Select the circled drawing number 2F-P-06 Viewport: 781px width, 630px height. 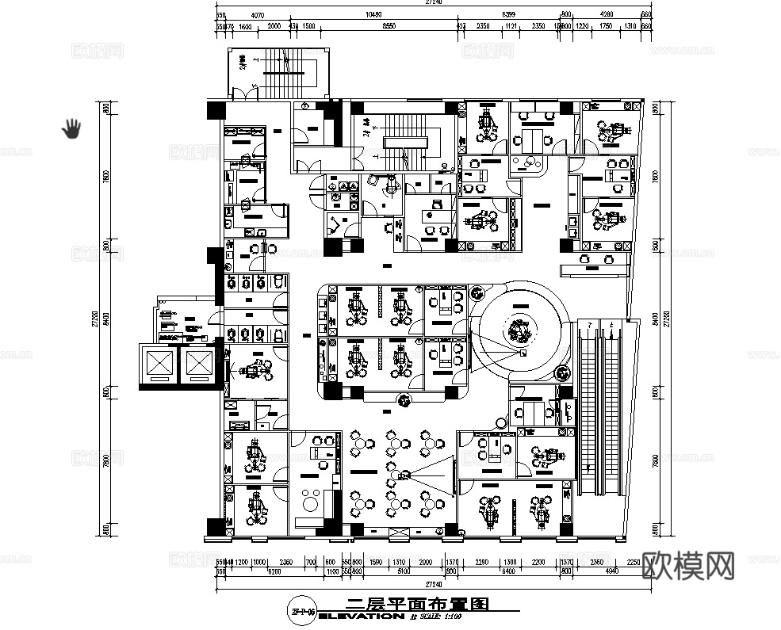305,611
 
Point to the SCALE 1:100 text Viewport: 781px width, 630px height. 442,616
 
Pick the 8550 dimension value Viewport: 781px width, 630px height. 389,27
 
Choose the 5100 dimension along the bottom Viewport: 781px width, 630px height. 403,571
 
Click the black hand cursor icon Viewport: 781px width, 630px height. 72,128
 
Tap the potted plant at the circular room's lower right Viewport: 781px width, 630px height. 563,373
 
